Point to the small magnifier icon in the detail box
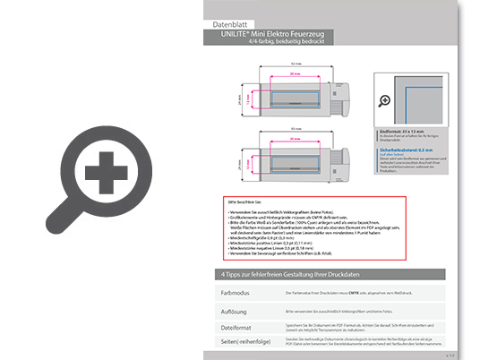(x=386, y=101)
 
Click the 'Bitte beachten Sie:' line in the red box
(x=241, y=204)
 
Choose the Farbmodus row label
(x=236, y=293)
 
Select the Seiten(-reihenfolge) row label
(x=246, y=343)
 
